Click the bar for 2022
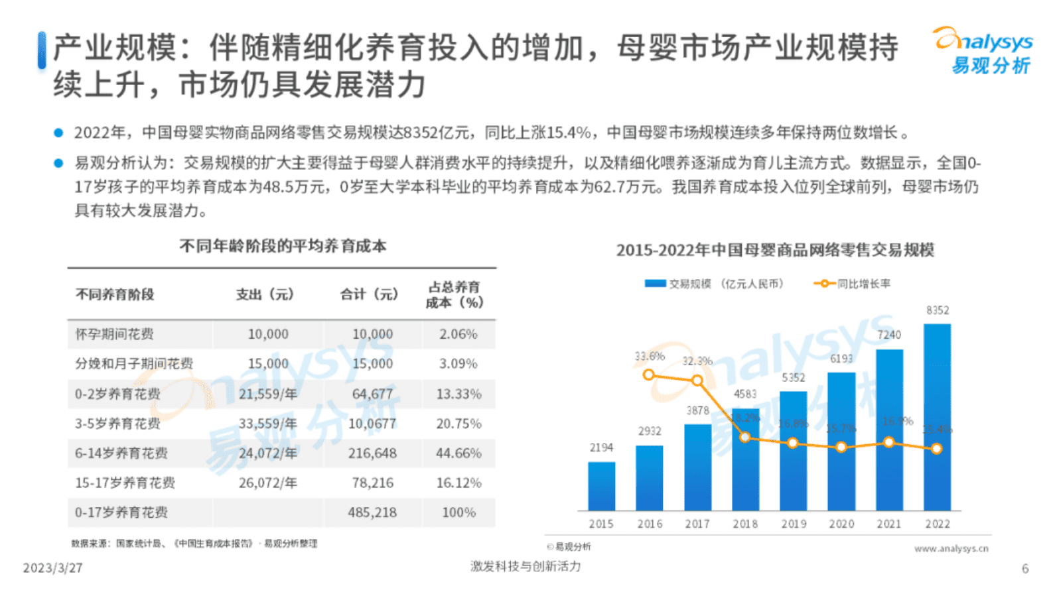coord(937,418)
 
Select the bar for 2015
coord(601,486)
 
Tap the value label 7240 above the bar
coord(889,335)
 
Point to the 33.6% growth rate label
coord(649,356)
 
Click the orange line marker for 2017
coord(697,381)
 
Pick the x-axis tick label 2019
coord(794,524)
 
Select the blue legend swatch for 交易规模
coord(655,284)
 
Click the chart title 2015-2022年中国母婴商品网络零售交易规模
coord(775,250)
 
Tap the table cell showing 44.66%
coord(458,453)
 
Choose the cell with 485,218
coord(372,512)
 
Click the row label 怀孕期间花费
coord(114,334)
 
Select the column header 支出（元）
coord(265,294)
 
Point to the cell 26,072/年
coord(268,483)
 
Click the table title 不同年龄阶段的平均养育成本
coord(283,246)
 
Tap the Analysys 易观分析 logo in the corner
coord(983,51)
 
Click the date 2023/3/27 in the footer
coord(52,568)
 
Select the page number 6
coord(1024,569)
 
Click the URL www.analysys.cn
coord(951,548)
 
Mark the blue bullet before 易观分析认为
coord(58,163)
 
